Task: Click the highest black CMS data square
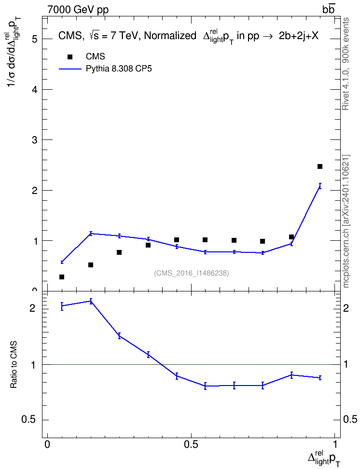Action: click(320, 166)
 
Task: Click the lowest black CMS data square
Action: click(62, 277)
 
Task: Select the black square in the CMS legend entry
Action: click(70, 56)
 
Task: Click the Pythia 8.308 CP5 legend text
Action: click(119, 69)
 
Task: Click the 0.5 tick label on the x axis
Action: click(191, 444)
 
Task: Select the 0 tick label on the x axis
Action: click(47, 444)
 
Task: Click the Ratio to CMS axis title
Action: click(14, 365)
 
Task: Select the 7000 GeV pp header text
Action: click(78, 10)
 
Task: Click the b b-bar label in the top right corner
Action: click(328, 9)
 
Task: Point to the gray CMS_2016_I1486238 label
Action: click(192, 273)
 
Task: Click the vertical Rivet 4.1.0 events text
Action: click(346, 64)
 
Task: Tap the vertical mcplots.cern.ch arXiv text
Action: click(346, 221)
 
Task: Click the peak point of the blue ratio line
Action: click(91, 301)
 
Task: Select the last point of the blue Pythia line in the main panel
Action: click(320, 186)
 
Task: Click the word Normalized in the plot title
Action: click(170, 36)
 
